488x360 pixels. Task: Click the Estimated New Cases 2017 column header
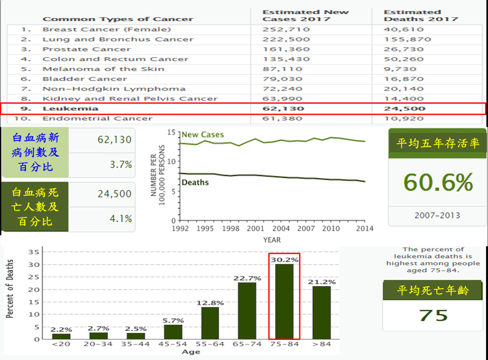pos(305,15)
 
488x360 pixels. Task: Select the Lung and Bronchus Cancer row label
pos(118,39)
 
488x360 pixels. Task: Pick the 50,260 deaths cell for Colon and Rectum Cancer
pos(404,59)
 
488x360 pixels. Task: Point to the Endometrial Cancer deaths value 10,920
pos(404,118)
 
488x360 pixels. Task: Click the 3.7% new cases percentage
pos(121,165)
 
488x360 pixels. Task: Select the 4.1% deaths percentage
pos(121,219)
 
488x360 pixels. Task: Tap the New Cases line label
pos(203,135)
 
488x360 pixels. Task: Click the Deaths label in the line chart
pos(195,182)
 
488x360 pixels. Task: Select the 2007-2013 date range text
pos(437,215)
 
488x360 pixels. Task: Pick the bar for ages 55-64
pos(210,323)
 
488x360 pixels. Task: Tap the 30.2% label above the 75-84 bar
pos(285,260)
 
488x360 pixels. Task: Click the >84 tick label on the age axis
pos(322,344)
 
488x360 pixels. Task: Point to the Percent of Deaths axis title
pos(10,289)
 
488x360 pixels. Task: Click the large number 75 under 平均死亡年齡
pos(434,315)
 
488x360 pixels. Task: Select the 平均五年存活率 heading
pos(437,144)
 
